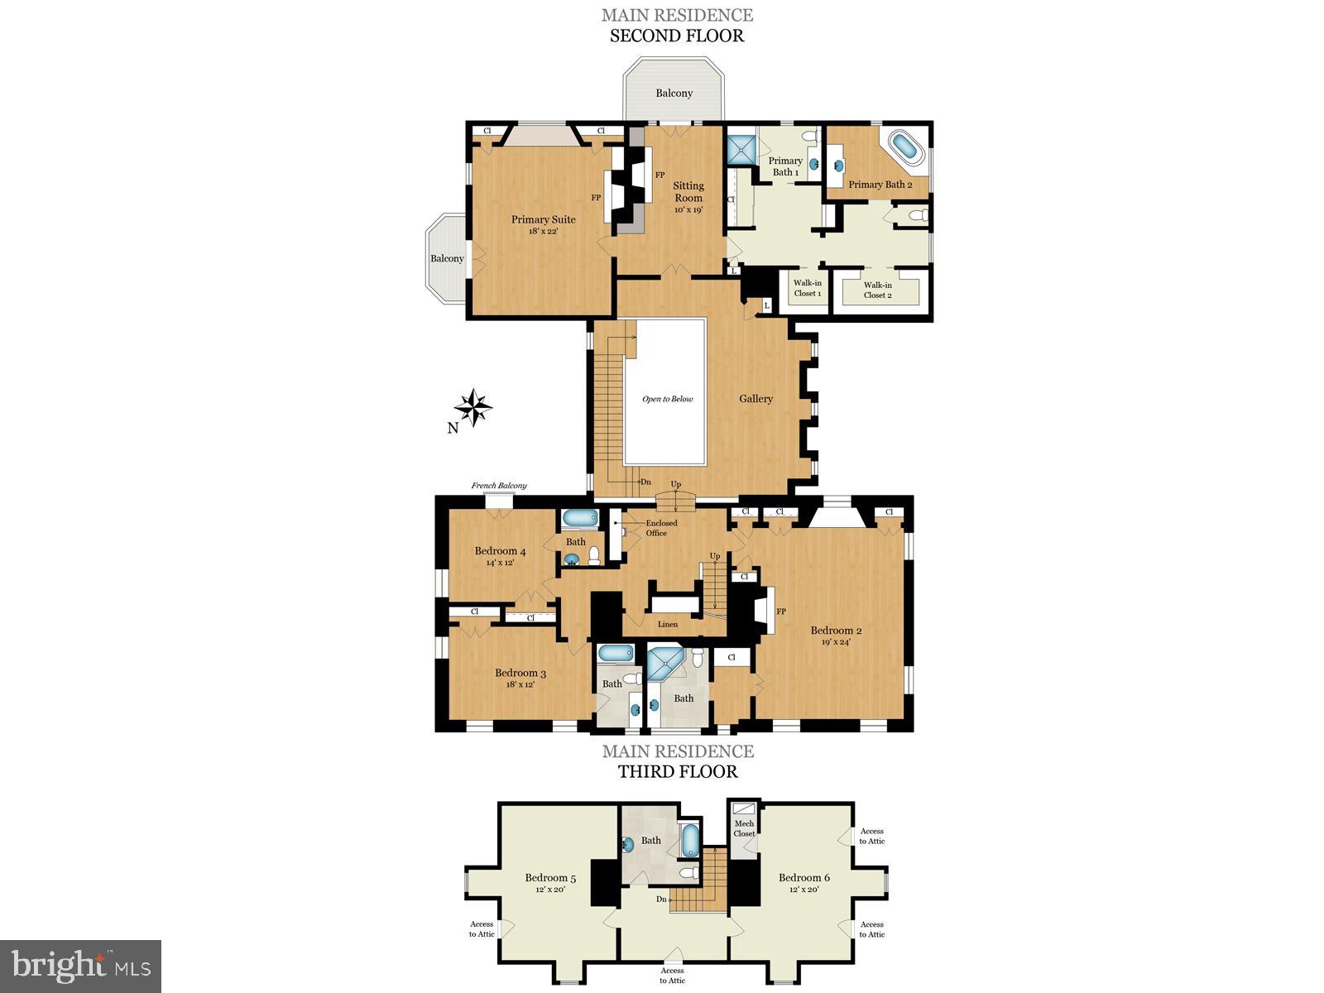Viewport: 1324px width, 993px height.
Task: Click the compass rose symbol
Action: pos(473,407)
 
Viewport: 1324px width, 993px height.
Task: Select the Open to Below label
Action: pos(667,399)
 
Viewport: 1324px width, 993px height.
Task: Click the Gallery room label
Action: pos(756,399)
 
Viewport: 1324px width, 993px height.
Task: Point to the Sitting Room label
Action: pos(688,192)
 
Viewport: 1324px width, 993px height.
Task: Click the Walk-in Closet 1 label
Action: pos(807,288)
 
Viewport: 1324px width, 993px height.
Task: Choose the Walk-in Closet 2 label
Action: pos(877,290)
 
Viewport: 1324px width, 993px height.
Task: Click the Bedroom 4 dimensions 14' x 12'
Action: pos(500,563)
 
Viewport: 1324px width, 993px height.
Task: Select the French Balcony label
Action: pos(499,486)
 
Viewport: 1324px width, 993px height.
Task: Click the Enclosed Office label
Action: pos(660,528)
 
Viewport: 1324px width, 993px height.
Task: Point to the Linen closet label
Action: pos(667,624)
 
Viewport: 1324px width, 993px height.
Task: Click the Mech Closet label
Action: pos(744,828)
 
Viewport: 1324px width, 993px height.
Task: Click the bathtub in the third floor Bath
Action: pos(690,841)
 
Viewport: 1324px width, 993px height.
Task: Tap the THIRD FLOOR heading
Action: pos(677,771)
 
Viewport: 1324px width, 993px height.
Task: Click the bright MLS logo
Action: pos(80,966)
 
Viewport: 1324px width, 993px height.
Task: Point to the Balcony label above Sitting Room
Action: pos(674,93)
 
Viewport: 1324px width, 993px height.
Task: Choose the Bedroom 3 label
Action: pos(520,673)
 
